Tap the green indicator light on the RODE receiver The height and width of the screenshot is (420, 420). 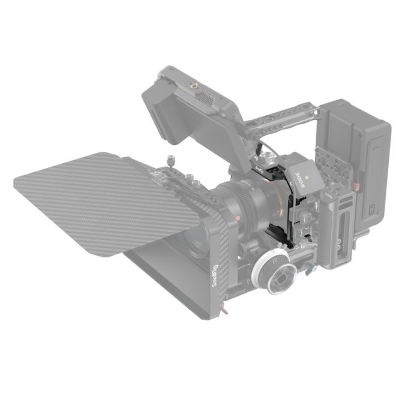click(x=307, y=178)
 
